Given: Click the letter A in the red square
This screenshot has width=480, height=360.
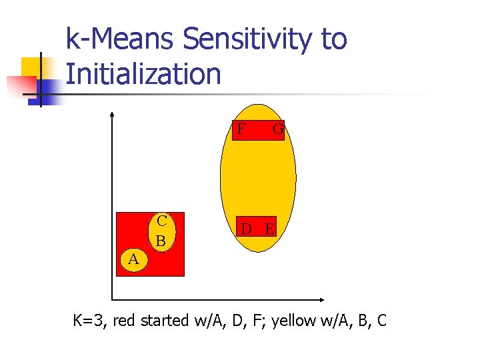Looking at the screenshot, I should coord(133,260).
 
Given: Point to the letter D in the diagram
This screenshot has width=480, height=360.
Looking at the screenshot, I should coord(247,229).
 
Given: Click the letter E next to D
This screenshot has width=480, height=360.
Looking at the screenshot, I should coord(269,229).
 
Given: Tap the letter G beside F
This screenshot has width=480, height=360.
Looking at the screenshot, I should coord(279,129).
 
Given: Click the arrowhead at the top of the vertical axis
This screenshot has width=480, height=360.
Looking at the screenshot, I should coord(112,115).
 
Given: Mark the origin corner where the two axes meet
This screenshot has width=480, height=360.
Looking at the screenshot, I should coord(112,300).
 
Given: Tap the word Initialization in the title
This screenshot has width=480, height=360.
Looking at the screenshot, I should coord(143,73).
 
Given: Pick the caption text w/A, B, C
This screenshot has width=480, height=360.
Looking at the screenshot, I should coord(361,321).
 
